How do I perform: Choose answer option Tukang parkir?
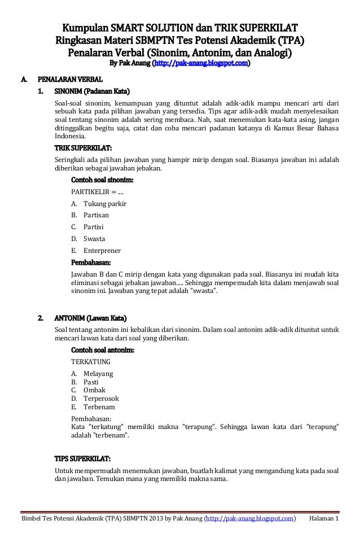pos(105,203)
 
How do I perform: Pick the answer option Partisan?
pos(96,215)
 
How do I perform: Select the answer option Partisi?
pos(93,227)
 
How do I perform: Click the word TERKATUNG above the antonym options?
pos(90,361)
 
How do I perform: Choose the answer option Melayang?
pos(98,374)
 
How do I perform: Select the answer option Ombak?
pos(94,390)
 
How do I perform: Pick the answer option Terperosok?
pos(101,398)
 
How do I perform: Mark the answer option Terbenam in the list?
pos(99,406)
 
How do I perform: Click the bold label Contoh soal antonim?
pos(102,350)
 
